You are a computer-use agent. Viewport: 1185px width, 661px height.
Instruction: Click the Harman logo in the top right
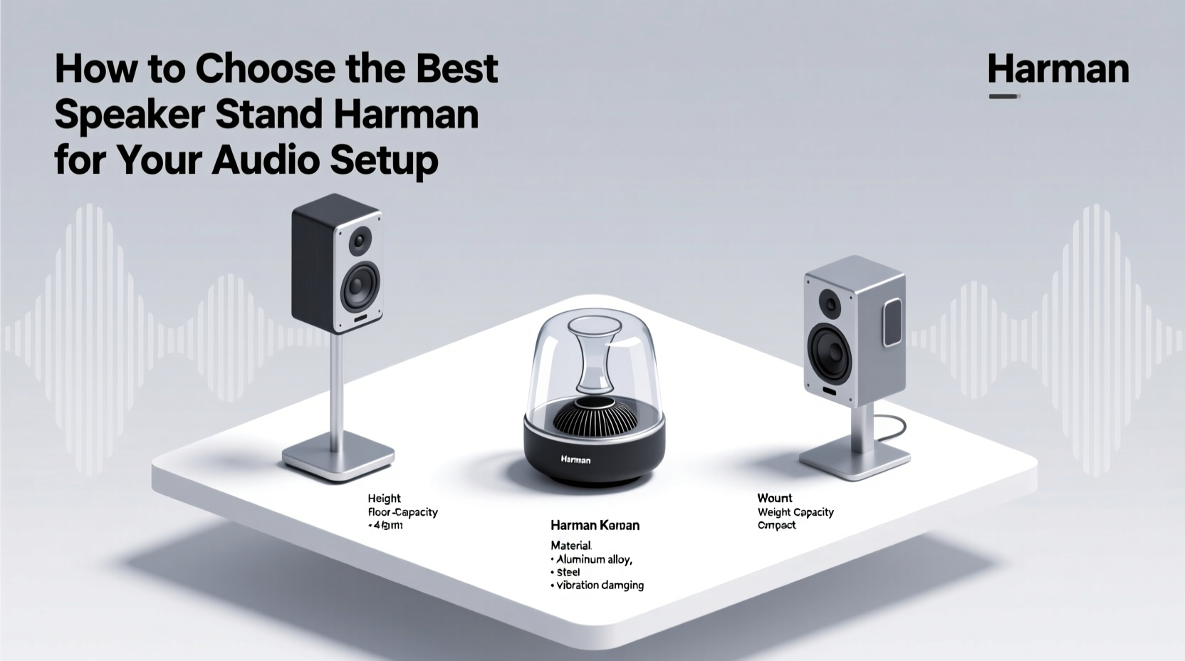1058,70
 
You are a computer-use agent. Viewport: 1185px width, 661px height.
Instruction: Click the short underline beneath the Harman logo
1004,95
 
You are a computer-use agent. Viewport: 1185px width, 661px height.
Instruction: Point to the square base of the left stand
338,455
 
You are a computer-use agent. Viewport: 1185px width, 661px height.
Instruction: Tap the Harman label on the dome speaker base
575,459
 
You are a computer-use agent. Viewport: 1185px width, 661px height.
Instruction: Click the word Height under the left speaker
384,499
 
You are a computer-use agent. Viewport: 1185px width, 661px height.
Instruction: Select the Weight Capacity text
795,512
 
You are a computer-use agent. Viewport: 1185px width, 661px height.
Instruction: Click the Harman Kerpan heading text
595,526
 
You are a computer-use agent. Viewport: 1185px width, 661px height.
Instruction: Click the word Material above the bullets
571,546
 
